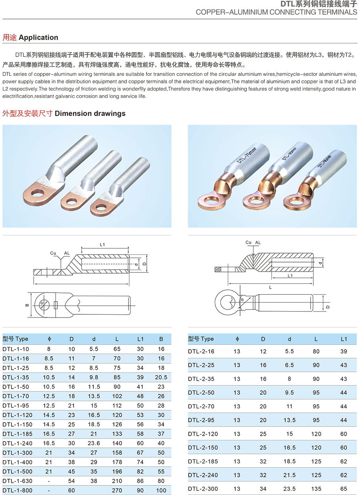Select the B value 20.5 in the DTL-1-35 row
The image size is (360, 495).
coord(161,377)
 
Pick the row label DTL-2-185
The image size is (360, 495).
coord(203,461)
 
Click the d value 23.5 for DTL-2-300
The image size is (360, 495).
coord(290,489)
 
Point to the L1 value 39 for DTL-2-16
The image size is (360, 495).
coord(343,351)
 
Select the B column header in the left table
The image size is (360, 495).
coord(161,339)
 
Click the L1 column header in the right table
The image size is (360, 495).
coord(343,339)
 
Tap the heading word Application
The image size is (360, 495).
coord(38,38)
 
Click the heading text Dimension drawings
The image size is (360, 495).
coord(90,113)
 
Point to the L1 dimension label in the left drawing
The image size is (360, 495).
coord(102,245)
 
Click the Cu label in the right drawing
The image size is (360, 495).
coord(248,242)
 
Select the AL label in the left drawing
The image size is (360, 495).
coord(67,253)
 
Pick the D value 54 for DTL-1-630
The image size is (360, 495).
coord(72,481)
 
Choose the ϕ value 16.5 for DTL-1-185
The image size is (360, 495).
coord(49,434)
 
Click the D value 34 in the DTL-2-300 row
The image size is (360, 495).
coord(263,489)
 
